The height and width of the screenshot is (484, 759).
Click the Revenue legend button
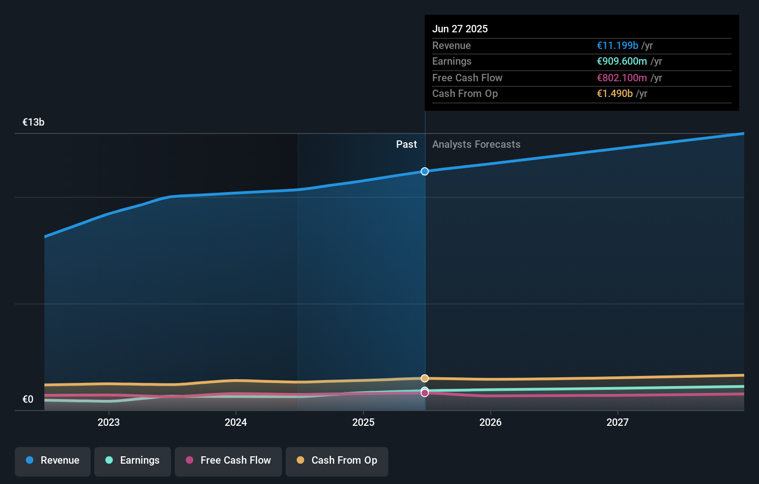coord(53,461)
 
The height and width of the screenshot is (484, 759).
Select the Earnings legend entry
coord(133,461)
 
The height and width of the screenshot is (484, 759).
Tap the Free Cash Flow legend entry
coord(228,461)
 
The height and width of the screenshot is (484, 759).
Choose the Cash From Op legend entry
coord(337,461)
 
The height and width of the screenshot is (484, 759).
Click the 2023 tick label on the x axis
coord(109,422)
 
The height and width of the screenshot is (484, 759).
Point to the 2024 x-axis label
coord(236,422)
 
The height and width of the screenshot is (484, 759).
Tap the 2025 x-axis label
coord(363,422)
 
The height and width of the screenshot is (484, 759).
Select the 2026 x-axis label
coord(490,422)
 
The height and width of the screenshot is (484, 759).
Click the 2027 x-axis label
coord(618,422)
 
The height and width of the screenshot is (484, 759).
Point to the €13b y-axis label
coord(33,122)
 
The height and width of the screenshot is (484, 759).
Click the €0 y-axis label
coord(28,399)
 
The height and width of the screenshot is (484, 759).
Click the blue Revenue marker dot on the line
coord(425,171)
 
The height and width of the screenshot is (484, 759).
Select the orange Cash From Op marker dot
coord(425,378)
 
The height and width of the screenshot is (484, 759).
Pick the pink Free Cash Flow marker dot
coord(425,393)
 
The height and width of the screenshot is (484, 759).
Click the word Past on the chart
coord(406,145)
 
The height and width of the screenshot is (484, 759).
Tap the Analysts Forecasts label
coord(476,145)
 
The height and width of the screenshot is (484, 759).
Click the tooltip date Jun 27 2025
coord(460,29)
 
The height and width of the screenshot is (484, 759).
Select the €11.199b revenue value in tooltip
coord(618,46)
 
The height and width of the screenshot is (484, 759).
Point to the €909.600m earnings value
coord(622,61)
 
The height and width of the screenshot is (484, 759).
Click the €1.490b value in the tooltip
coord(615,94)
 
